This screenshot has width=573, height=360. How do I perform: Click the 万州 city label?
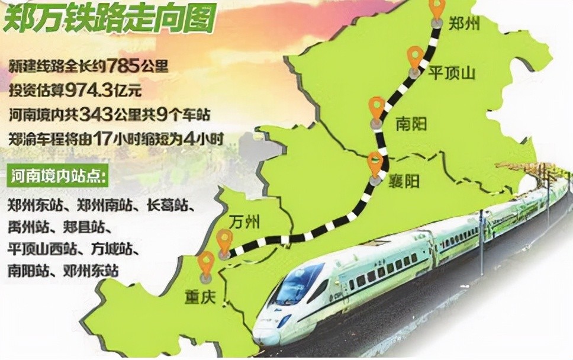point(244,223)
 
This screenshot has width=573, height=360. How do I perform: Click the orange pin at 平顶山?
point(415,57)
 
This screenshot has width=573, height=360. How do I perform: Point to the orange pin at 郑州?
point(437,8)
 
